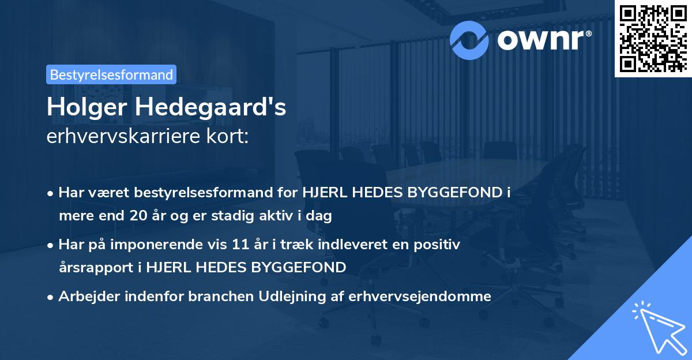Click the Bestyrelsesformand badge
tap(111, 74)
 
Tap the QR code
tap(653, 38)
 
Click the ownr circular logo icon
tap(469, 39)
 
